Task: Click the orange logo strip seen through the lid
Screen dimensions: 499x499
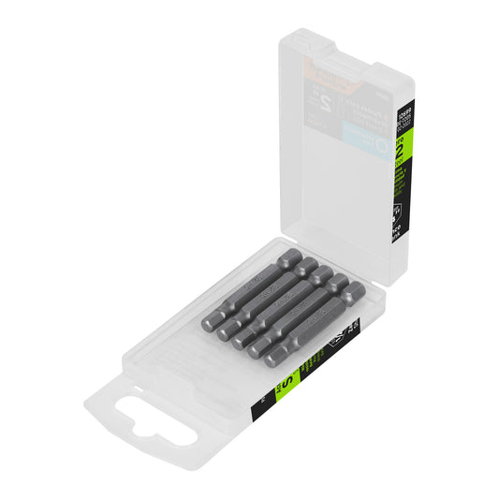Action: [328, 79]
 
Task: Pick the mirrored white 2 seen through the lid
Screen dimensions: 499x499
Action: [329, 101]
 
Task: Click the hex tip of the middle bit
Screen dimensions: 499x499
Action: [242, 340]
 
